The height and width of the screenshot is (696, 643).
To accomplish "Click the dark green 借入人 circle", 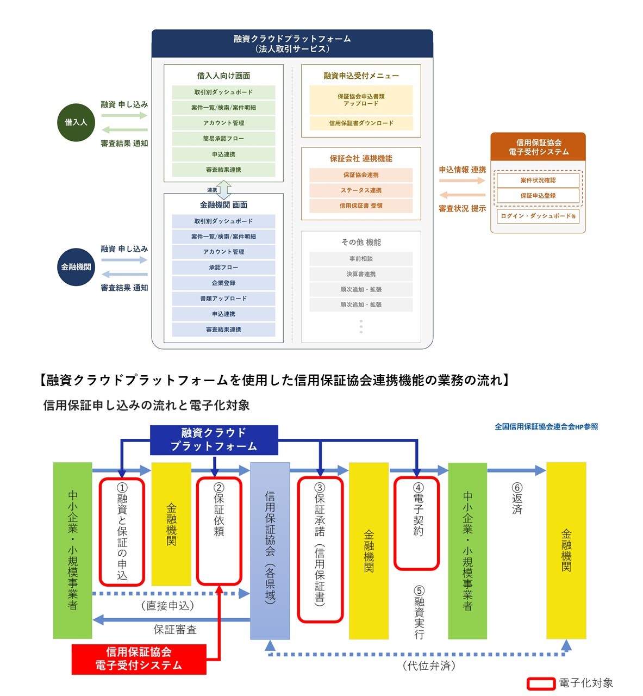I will (76, 122).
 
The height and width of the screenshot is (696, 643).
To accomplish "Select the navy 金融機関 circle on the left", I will (76, 267).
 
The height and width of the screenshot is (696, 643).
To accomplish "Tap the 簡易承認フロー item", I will (223, 139).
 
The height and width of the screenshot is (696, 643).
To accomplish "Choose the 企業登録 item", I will (223, 283).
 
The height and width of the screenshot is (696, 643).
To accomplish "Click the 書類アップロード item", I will (223, 299).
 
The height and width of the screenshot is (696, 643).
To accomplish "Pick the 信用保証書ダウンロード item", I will (361, 123).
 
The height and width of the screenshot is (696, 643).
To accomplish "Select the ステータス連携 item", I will (361, 190).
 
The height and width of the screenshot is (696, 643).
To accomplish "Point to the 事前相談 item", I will (361, 259).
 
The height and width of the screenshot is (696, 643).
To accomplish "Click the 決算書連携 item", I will (361, 274).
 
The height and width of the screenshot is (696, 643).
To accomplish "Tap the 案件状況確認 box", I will (538, 180).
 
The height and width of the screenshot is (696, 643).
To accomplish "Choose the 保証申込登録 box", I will (538, 196).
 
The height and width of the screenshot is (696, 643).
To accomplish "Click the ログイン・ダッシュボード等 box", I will (538, 216).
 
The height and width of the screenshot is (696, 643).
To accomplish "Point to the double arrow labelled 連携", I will (224, 190).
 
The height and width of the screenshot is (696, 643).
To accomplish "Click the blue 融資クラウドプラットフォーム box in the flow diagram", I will (214, 440).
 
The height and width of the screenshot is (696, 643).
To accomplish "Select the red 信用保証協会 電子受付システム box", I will (139, 659).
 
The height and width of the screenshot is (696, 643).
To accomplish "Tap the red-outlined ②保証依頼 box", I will (219, 531).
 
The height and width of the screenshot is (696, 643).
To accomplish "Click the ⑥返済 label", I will (517, 498).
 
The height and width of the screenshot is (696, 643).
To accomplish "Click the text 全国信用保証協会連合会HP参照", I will (546, 427).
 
